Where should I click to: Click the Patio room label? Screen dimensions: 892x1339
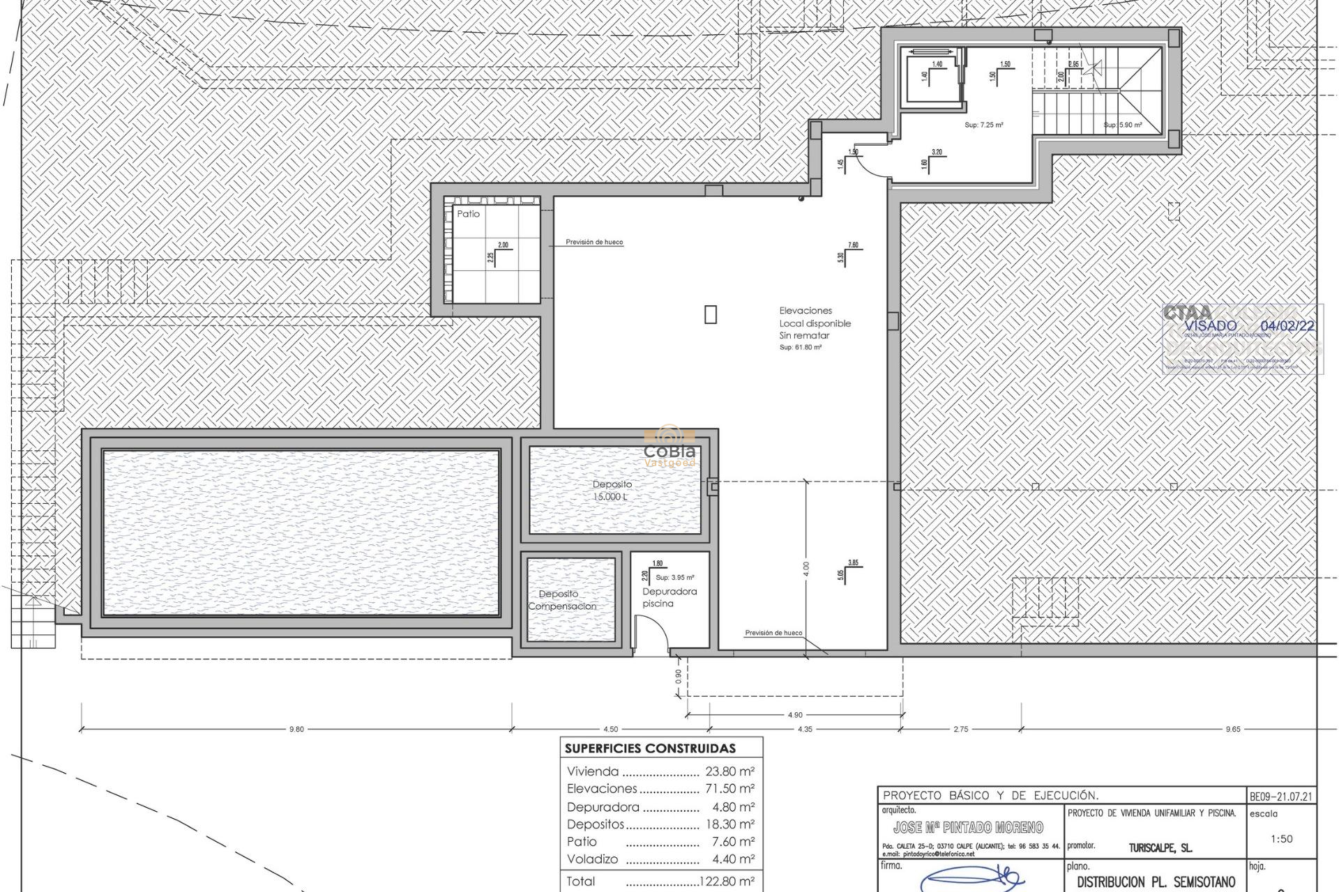(x=468, y=214)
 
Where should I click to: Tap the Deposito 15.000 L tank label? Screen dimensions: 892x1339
(x=612, y=490)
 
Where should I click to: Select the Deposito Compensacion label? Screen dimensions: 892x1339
(x=561, y=600)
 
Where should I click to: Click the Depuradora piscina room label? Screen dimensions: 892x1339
(x=669, y=597)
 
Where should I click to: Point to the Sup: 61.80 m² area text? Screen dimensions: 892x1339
(x=800, y=347)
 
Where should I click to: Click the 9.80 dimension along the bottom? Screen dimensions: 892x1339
(x=296, y=729)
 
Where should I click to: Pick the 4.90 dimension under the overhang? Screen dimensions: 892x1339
(x=794, y=714)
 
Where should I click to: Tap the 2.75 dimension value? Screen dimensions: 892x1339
(x=960, y=729)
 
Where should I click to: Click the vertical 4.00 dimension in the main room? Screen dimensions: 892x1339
(x=806, y=569)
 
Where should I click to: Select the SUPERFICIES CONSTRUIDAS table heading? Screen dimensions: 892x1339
(x=649, y=748)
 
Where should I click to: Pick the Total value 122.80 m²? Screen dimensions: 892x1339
(x=726, y=882)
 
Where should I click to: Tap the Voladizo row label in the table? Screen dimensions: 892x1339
(x=592, y=859)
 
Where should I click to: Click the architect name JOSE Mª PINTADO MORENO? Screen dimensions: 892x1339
(x=968, y=827)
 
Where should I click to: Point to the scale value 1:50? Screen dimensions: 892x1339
(x=1281, y=839)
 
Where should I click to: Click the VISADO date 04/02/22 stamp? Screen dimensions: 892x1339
(x=1287, y=326)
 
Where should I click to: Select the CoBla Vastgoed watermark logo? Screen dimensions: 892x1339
(x=669, y=447)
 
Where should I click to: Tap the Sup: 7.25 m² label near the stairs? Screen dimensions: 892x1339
(x=983, y=125)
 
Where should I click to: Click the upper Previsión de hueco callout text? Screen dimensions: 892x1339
(x=594, y=242)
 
